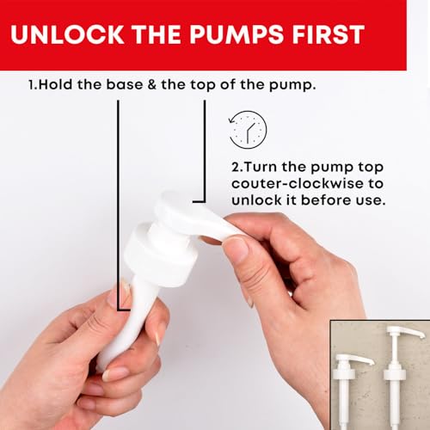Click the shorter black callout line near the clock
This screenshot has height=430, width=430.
(x=203, y=155)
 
